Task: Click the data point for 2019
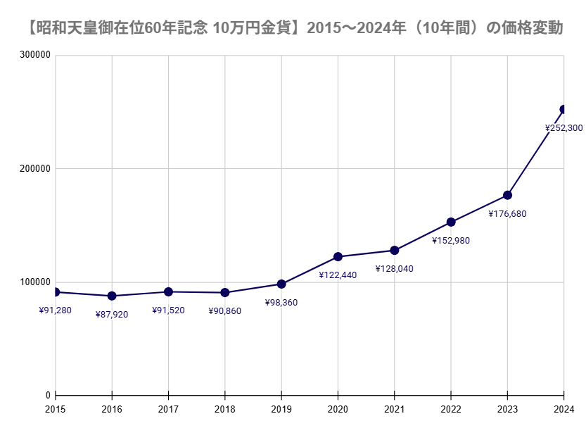[281, 284]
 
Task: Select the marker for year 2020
[338, 257]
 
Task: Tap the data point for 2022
[451, 222]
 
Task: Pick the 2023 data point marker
[507, 195]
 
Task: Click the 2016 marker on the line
[112, 296]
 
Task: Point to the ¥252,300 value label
[563, 128]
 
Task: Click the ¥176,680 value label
[507, 214]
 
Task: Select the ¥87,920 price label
[112, 315]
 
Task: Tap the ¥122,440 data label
[338, 275]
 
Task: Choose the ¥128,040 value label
[394, 269]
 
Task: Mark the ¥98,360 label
[281, 303]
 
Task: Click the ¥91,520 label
[168, 310]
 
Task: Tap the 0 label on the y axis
[49, 396]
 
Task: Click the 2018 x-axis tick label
[224, 409]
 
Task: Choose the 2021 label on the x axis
[394, 409]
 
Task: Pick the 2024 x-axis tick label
[563, 409]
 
